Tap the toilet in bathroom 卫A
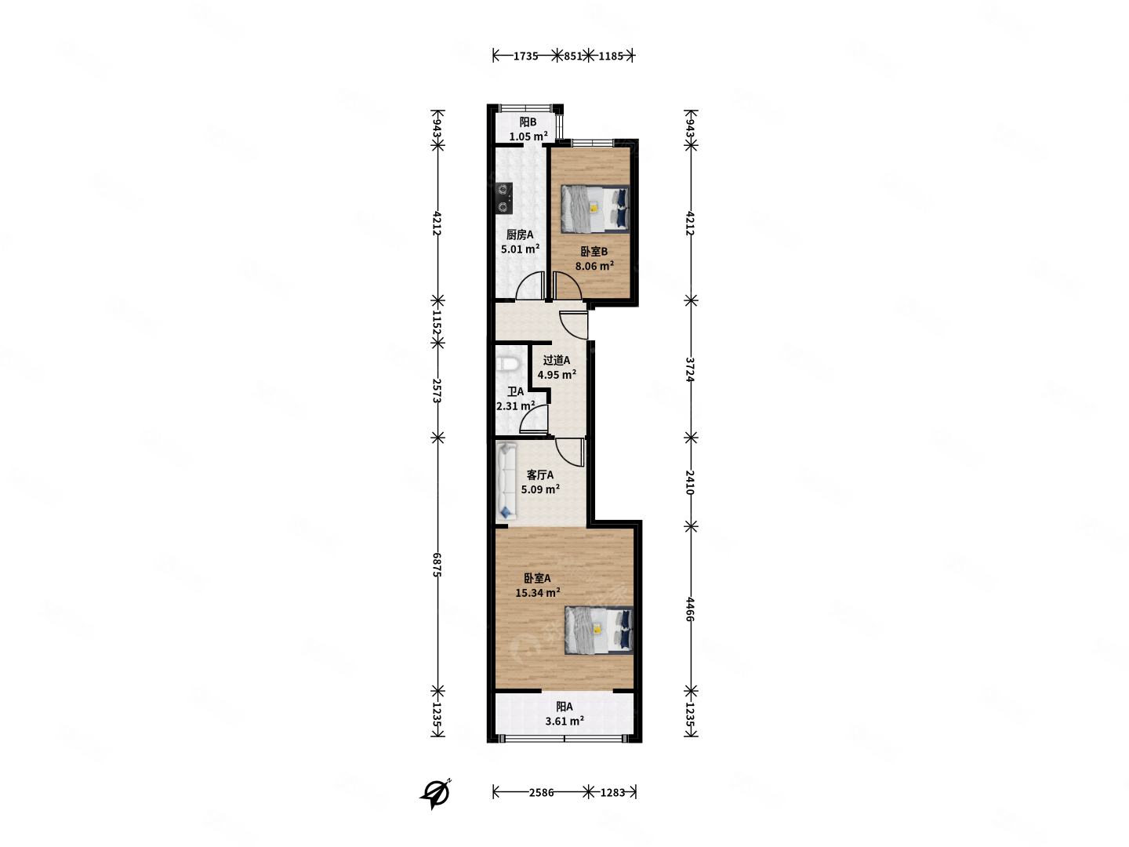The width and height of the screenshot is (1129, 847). click(x=507, y=364)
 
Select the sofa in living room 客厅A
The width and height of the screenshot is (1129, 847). click(x=506, y=481)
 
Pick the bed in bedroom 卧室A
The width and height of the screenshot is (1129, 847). click(x=599, y=630)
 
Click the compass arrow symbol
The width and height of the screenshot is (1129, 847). click(x=436, y=794)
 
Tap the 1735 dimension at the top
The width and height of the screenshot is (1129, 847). click(x=525, y=56)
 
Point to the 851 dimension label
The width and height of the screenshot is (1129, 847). click(x=573, y=56)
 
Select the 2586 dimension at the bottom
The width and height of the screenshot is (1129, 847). click(x=541, y=792)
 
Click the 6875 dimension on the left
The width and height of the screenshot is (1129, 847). click(x=437, y=564)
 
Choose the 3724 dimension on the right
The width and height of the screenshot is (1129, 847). click(x=690, y=369)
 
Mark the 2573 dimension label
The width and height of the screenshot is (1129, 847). click(x=437, y=391)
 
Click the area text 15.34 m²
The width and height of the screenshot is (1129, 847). click(x=538, y=592)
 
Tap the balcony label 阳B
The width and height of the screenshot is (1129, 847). click(x=528, y=122)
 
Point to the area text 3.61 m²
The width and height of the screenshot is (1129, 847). click(x=564, y=721)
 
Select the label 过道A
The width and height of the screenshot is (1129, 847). click(x=557, y=360)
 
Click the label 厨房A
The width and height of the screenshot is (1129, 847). click(x=520, y=234)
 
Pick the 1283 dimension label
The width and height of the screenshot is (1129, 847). click(x=612, y=792)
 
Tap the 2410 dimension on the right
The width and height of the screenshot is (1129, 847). click(x=690, y=482)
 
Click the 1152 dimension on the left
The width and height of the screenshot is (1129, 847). click(x=437, y=322)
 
